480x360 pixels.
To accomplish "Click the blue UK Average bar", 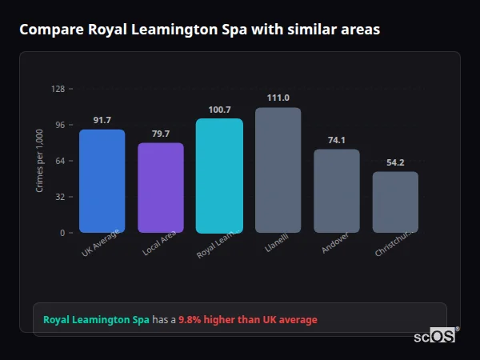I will [x=102, y=181].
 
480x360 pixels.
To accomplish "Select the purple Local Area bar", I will [x=161, y=188].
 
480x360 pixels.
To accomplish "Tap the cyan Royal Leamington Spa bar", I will [x=219, y=176].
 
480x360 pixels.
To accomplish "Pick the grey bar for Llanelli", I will [x=278, y=170].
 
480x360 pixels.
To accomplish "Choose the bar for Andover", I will [x=337, y=191].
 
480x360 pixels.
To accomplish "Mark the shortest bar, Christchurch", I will [x=395, y=202].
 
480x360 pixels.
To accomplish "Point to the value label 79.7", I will [x=161, y=134].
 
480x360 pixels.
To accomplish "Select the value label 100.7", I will [x=219, y=110].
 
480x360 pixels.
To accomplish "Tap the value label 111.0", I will [x=278, y=98].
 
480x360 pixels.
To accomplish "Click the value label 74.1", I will [x=337, y=140].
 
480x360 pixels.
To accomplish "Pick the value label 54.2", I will [x=395, y=162].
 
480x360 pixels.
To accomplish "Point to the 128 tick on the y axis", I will [x=58, y=89].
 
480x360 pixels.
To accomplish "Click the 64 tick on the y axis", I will [x=60, y=161].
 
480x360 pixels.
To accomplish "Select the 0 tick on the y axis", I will [x=62, y=233].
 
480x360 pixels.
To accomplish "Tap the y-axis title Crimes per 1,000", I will [x=40, y=161].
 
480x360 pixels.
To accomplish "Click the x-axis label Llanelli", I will [x=275, y=244].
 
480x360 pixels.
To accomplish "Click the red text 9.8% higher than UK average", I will [x=248, y=320].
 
